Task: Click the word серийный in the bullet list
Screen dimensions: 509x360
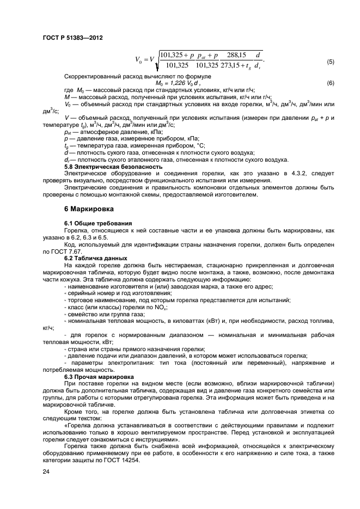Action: (83, 293)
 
